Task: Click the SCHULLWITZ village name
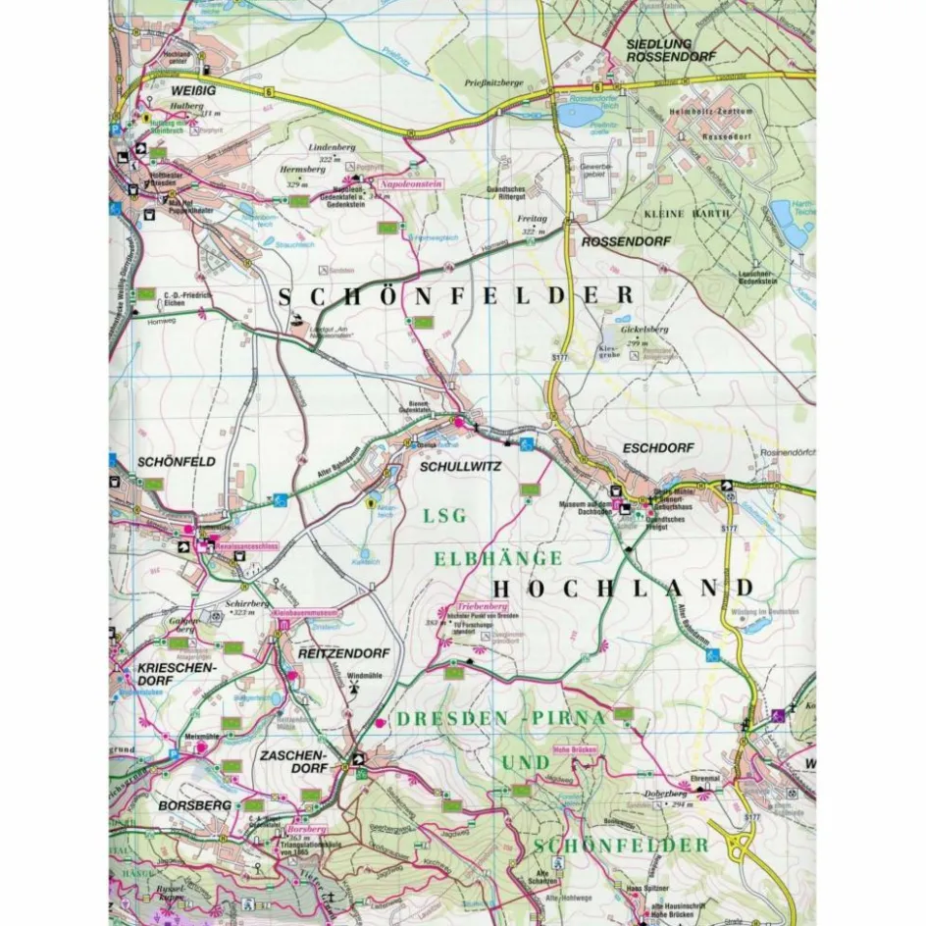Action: click(x=459, y=467)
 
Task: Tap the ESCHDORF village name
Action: click(x=657, y=448)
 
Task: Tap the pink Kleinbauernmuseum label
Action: click(x=306, y=613)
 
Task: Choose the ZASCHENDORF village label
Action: click(x=290, y=764)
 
